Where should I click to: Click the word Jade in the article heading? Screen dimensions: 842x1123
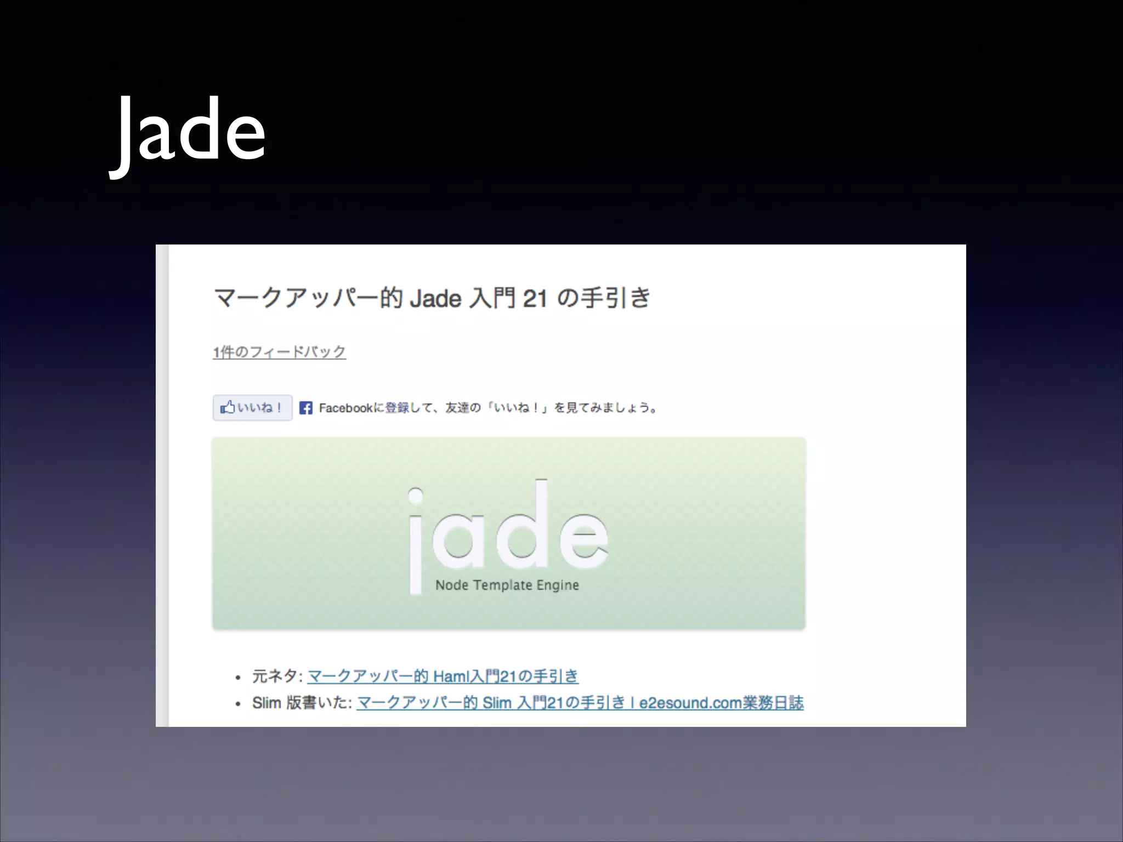pyautogui.click(x=435, y=299)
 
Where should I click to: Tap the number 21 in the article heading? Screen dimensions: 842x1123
pyautogui.click(x=535, y=299)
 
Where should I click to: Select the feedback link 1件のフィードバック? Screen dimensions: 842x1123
pyautogui.click(x=279, y=351)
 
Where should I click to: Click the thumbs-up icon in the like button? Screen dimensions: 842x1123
pyautogui.click(x=227, y=407)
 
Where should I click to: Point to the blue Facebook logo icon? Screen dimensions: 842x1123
pyautogui.click(x=306, y=408)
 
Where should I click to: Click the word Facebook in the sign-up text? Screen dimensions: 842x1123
pyautogui.click(x=345, y=408)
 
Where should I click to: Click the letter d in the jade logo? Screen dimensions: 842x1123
pyautogui.click(x=524, y=526)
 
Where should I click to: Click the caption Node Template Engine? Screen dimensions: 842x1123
pyautogui.click(x=507, y=585)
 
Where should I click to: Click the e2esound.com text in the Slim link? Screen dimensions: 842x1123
pyautogui.click(x=690, y=703)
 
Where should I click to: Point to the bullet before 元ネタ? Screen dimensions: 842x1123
pyautogui.click(x=238, y=678)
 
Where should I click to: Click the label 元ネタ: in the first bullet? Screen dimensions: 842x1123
pyautogui.click(x=277, y=676)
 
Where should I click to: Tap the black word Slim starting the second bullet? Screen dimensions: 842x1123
pyautogui.click(x=266, y=703)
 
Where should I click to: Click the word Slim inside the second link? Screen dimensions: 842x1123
pyautogui.click(x=497, y=703)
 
